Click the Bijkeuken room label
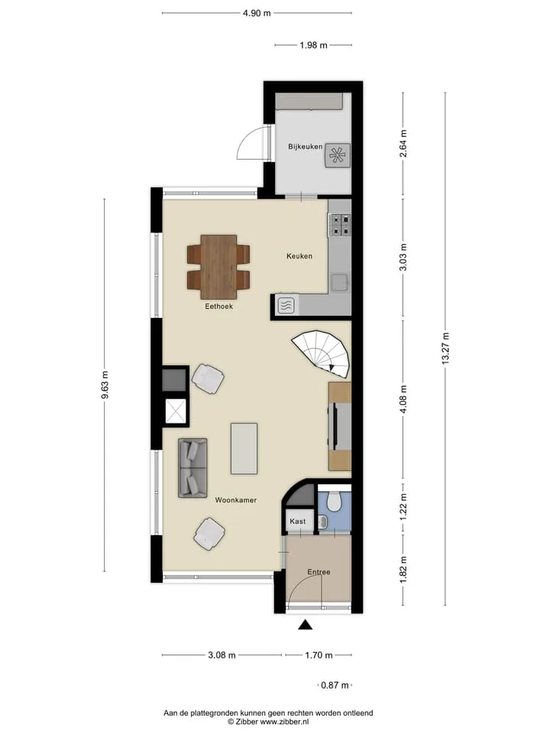(x=305, y=147)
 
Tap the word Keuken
(x=299, y=256)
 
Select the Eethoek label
(x=218, y=306)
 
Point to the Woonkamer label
(x=236, y=500)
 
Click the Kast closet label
(x=297, y=521)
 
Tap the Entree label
(x=319, y=572)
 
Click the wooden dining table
(x=218, y=267)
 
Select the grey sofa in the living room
(x=192, y=468)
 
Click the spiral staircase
(x=322, y=353)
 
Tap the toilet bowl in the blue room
(x=334, y=502)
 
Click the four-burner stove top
(x=339, y=225)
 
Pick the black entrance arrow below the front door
(x=306, y=625)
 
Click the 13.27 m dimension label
(x=445, y=349)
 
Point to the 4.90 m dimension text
(x=257, y=13)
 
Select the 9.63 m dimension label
(x=105, y=385)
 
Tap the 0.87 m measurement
(x=335, y=685)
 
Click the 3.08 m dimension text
(x=222, y=655)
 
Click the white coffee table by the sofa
(x=244, y=449)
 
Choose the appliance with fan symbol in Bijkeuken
(x=337, y=155)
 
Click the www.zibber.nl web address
(x=284, y=722)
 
